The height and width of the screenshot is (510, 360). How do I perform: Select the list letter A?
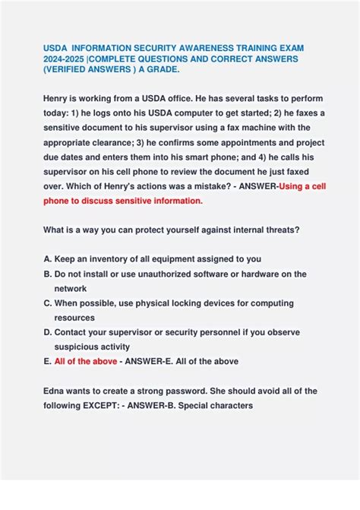[47, 259]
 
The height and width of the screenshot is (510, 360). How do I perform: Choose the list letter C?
[47, 303]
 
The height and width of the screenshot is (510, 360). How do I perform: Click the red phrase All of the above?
[86, 362]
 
